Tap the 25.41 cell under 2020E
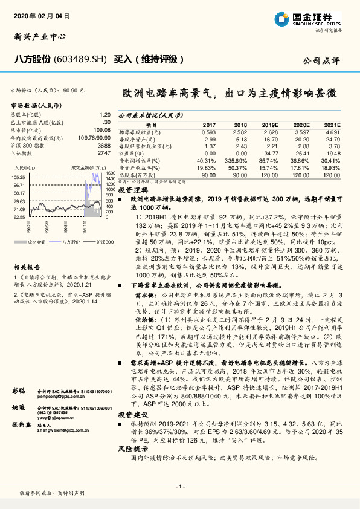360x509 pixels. pyautogui.click(x=301, y=153)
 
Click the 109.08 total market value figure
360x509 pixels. pyautogui.click(x=103, y=129)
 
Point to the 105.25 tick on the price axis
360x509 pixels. pyautogui.click(x=18, y=177)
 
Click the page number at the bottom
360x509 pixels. pyautogui.click(x=179, y=487)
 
